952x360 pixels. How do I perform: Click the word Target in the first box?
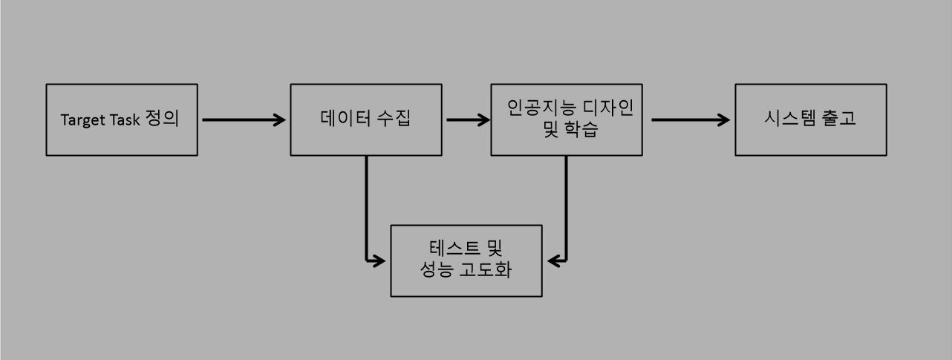[81, 121]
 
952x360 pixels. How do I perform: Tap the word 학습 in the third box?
[581, 131]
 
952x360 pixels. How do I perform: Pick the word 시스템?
[786, 119]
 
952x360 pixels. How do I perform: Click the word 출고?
[838, 119]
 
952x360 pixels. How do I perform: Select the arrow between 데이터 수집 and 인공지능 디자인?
[469, 120]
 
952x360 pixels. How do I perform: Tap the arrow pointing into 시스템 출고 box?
[691, 120]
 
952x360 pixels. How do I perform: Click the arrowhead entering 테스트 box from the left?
[379, 261]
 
